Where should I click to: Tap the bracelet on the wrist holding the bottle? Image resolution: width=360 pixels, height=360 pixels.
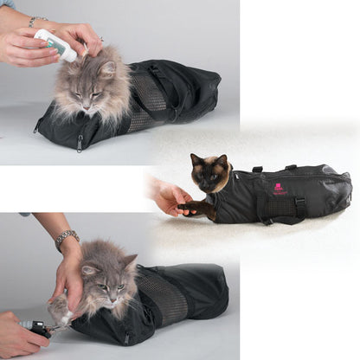pyautogui.click(x=36, y=20)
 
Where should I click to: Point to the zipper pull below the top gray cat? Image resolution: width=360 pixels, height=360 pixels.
pyautogui.click(x=79, y=138)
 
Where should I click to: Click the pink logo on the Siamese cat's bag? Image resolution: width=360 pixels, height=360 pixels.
pyautogui.click(x=279, y=187)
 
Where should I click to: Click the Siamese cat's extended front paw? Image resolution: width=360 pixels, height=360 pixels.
pyautogui.click(x=193, y=208)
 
